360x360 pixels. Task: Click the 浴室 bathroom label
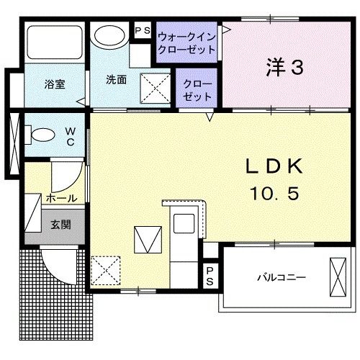[x=55, y=84]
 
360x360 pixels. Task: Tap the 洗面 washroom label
[x=117, y=80]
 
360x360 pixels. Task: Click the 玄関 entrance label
[x=61, y=225]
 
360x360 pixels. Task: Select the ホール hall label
[x=62, y=197]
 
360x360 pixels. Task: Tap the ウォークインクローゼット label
[x=187, y=42]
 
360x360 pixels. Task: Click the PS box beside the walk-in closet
[x=142, y=31]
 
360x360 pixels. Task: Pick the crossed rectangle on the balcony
[x=338, y=276]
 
